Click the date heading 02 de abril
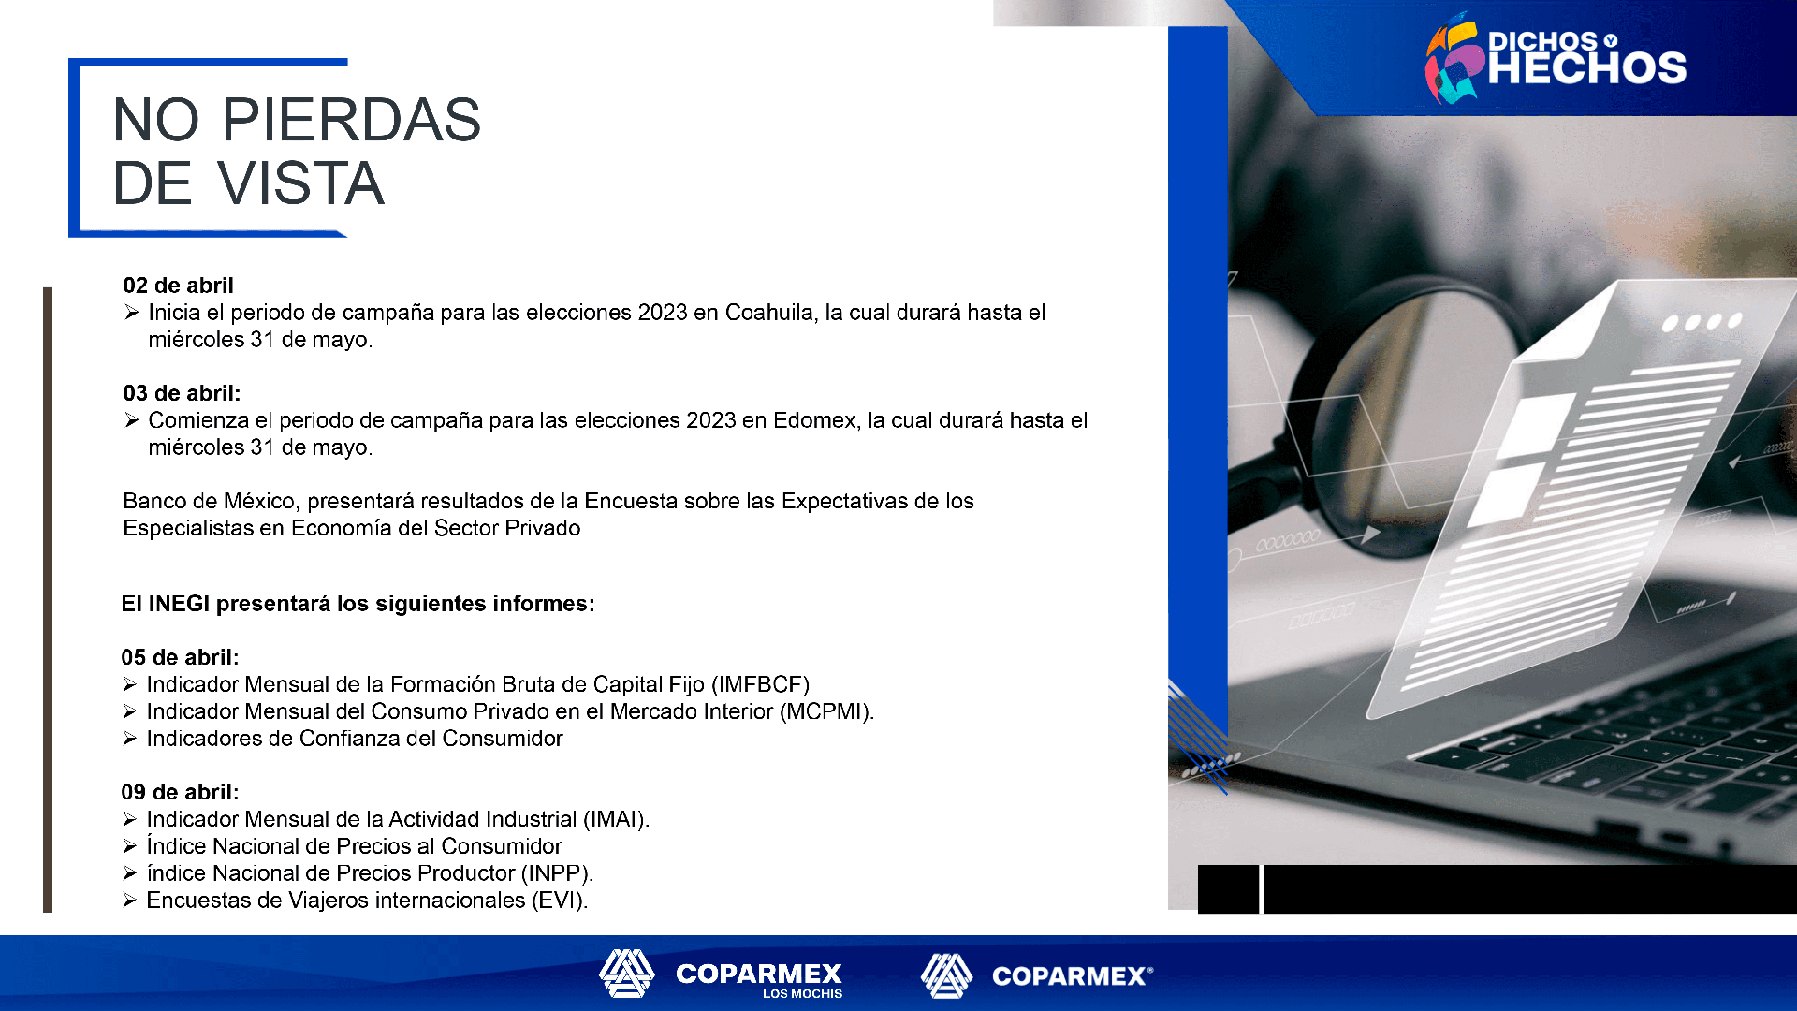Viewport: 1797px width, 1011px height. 178,286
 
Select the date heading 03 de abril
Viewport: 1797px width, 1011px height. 182,393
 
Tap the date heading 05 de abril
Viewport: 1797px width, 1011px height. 180,657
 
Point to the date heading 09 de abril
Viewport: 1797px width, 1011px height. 180,792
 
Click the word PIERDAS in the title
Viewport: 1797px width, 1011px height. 351,120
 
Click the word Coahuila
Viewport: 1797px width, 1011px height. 769,313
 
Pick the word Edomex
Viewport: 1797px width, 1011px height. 815,420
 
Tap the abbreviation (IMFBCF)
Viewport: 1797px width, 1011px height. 760,685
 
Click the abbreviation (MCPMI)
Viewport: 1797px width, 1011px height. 826,712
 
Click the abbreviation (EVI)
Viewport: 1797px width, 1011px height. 560,901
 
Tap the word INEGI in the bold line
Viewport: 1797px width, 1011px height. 179,604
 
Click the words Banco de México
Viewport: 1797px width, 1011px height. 209,501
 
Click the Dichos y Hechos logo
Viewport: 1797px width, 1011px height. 1556,58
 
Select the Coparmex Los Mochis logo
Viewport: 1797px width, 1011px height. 721,974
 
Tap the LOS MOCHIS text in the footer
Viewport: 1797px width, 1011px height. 802,994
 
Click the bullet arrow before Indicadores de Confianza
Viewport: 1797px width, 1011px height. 129,739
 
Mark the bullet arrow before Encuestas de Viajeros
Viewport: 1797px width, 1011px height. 129,901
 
